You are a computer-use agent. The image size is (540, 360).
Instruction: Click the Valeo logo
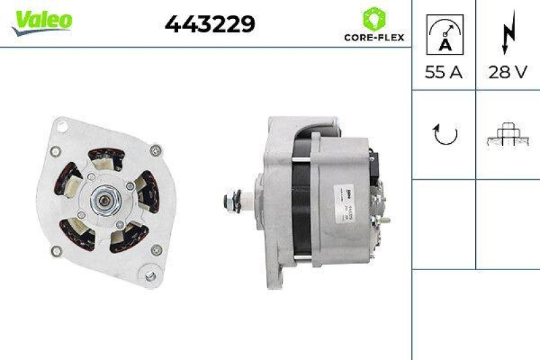point(41,21)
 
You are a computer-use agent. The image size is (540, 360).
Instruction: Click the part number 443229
point(210,25)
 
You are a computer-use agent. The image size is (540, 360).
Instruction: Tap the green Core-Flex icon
point(373,18)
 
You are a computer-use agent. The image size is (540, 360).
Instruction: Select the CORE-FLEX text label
point(373,38)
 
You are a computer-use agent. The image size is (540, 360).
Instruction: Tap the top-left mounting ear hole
point(63,126)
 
